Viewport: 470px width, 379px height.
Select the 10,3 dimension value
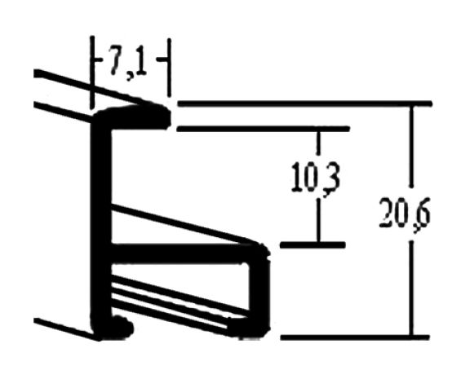(x=316, y=178)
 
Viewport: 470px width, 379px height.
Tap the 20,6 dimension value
(x=405, y=215)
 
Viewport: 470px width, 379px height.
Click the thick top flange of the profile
(x=132, y=117)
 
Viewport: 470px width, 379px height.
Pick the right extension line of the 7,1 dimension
(x=170, y=68)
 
